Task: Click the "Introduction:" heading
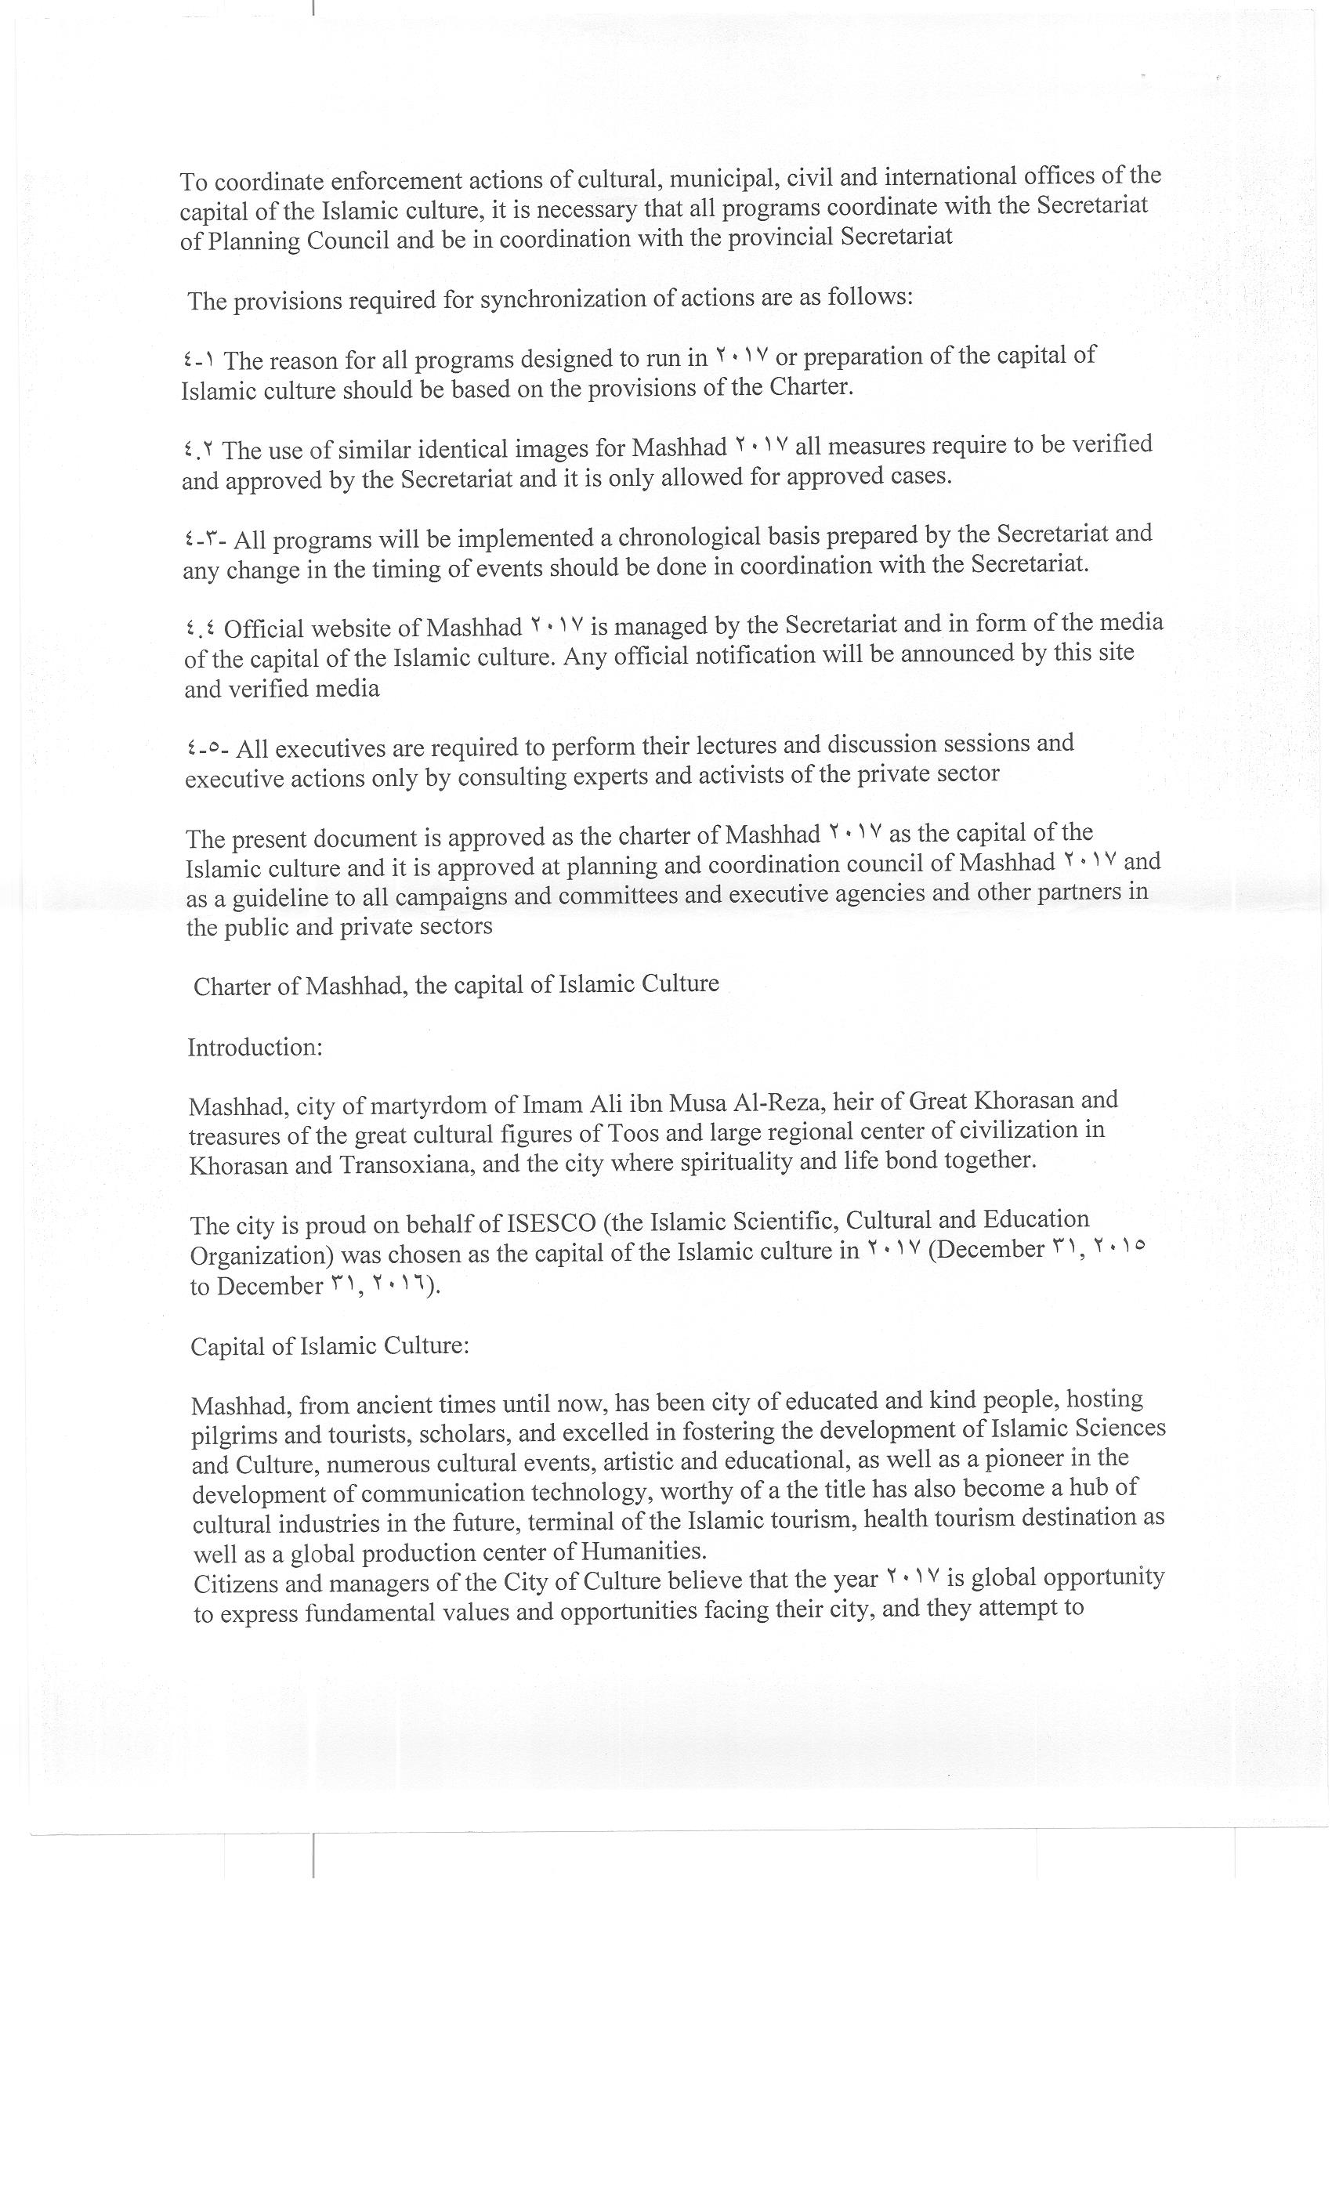[255, 1047]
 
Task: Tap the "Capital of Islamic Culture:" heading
[329, 1345]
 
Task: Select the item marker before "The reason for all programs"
[198, 360]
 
